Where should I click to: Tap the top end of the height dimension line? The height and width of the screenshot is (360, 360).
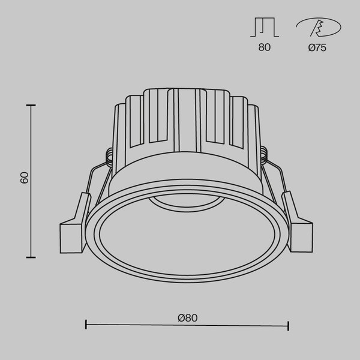[31, 104]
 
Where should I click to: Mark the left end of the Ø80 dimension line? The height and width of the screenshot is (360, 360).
[86, 326]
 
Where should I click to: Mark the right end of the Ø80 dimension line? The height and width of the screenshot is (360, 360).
[289, 326]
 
